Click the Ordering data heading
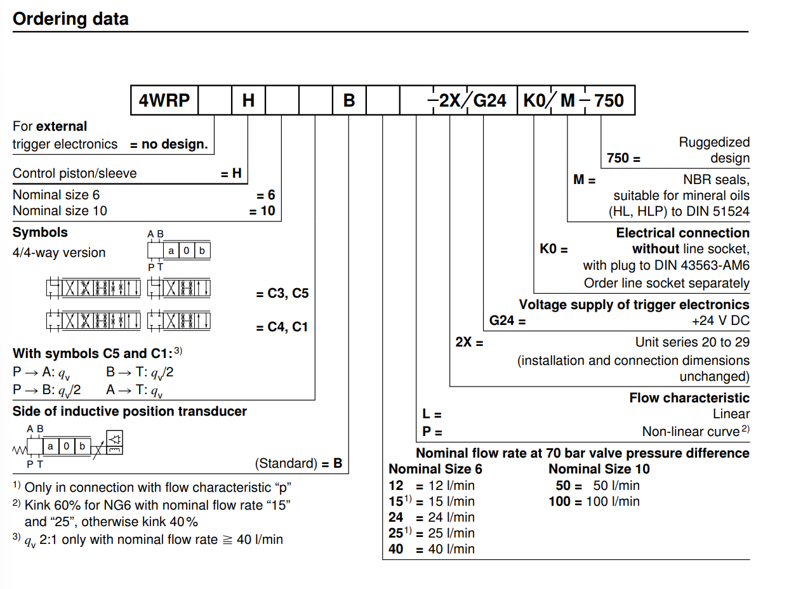point(70,19)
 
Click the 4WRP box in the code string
point(164,100)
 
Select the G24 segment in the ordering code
point(490,100)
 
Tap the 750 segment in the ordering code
point(609,100)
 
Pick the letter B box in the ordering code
point(349,100)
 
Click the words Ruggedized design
point(713,150)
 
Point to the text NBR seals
point(716,180)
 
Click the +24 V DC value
point(720,321)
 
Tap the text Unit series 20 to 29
point(692,342)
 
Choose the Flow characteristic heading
point(689,398)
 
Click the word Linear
point(731,414)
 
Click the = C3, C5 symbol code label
point(282,294)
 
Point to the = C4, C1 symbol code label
point(282,328)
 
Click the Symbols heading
point(40,232)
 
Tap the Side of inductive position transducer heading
point(129,411)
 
